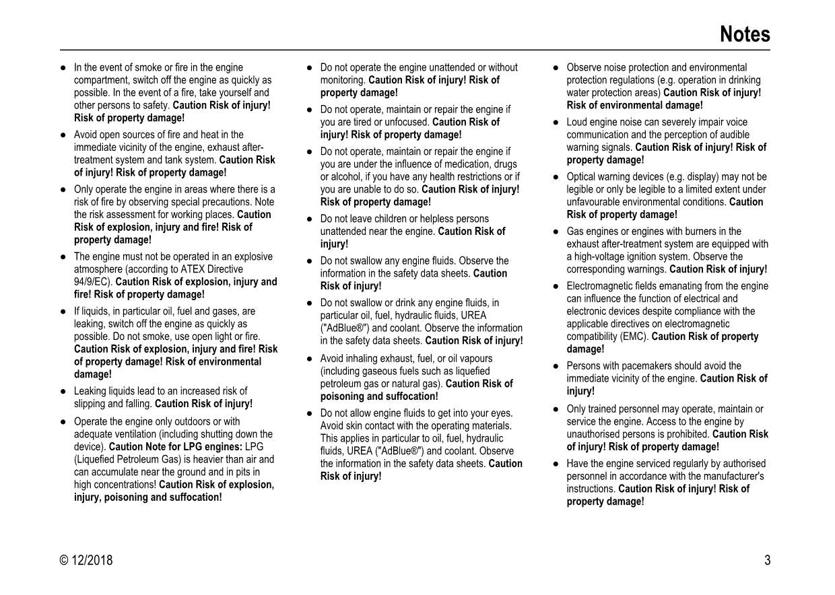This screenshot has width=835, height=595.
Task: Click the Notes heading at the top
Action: click(x=745, y=34)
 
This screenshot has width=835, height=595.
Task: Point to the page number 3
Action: click(x=767, y=560)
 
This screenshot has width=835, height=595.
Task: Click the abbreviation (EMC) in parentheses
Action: click(x=636, y=337)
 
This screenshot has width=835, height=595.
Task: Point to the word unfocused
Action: click(x=407, y=122)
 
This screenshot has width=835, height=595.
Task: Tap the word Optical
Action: click(x=583, y=177)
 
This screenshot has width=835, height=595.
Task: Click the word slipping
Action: click(x=91, y=404)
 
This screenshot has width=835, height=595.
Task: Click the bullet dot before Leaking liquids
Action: click(x=63, y=391)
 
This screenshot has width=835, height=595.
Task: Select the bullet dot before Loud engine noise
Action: click(x=556, y=123)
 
